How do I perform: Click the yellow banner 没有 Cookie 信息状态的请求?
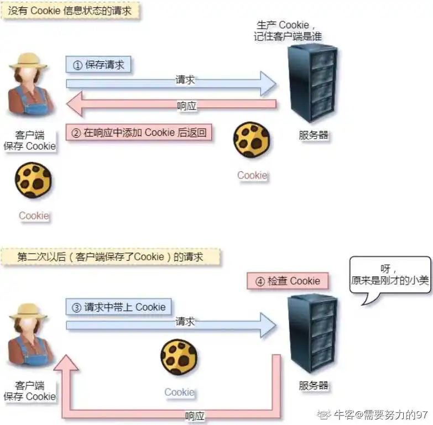(x=71, y=11)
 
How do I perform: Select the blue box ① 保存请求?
(x=98, y=65)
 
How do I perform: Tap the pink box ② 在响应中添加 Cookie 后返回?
(x=139, y=133)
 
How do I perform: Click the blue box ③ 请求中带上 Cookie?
(x=118, y=307)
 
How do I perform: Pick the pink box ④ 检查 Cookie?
(x=288, y=281)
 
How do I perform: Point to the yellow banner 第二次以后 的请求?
(x=111, y=257)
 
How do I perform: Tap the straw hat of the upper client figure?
(x=28, y=61)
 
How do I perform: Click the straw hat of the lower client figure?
(x=28, y=311)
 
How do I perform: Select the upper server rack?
(x=312, y=84)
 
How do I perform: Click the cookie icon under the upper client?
(x=33, y=180)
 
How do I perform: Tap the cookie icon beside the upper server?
(x=252, y=140)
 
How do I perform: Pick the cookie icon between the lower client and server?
(x=179, y=357)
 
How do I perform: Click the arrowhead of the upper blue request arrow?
(x=268, y=83)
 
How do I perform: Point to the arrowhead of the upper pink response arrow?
(x=75, y=104)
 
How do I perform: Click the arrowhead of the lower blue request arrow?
(x=268, y=326)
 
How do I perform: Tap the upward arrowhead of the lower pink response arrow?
(x=66, y=363)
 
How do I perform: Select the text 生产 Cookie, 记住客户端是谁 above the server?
(x=288, y=30)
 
